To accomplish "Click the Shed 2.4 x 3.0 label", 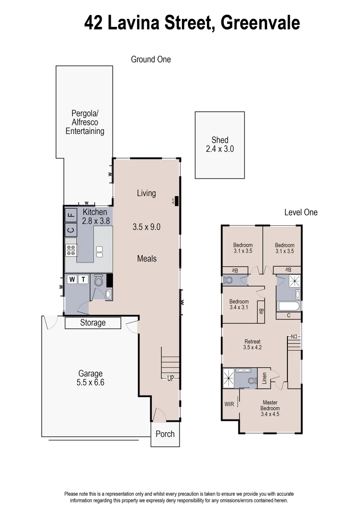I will pos(220,144).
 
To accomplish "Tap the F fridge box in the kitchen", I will pos(71,216).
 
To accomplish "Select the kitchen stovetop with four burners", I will pos(71,249).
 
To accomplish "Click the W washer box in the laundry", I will pos(72,279).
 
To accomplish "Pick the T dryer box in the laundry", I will pos(83,279).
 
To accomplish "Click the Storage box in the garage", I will pos(93,323).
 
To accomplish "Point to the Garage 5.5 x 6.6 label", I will pos(90,378).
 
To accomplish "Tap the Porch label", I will pos(165,434).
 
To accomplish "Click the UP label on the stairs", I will pos(171,378).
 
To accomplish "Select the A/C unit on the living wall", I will pos(175,200).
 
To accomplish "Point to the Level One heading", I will pos(301,213).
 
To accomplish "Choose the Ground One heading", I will pos(151,59).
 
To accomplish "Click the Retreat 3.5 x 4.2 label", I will pos(252,345).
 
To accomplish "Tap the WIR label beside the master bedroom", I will pos(229,404).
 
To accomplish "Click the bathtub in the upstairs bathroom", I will pos(288,306).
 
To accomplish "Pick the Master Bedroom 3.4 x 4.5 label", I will pos(270,408).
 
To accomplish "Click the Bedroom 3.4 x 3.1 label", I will pos(239,304).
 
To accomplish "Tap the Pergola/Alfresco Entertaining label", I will pos(85,122).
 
